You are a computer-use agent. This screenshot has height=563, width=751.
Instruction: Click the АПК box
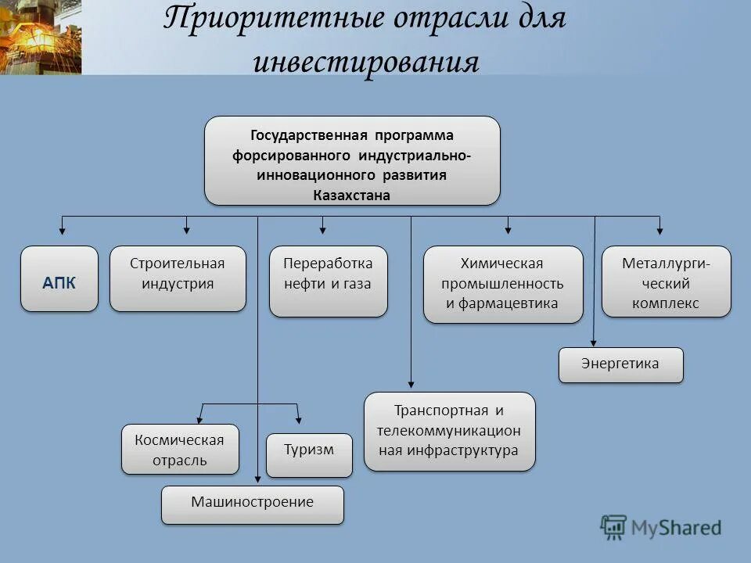(59, 279)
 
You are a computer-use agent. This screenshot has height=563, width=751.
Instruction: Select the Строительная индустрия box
(178, 279)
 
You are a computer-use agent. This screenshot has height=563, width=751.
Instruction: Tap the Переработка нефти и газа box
(328, 281)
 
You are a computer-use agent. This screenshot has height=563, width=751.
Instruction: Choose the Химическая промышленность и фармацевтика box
(503, 285)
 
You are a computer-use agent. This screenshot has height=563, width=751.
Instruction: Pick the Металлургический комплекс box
(666, 281)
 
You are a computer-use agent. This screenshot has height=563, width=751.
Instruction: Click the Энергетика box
(620, 364)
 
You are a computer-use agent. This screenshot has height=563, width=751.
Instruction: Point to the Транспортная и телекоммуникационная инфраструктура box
(449, 431)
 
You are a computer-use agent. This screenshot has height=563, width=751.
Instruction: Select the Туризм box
(309, 454)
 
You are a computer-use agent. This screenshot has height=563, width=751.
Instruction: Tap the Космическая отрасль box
(180, 450)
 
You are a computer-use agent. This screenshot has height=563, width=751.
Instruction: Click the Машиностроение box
(252, 504)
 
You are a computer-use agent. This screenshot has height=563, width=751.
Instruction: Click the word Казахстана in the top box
(351, 195)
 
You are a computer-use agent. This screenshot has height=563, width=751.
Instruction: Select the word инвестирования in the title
(366, 63)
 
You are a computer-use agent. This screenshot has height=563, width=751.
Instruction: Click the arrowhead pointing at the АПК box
(63, 231)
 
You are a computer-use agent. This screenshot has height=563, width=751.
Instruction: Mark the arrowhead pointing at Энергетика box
(594, 340)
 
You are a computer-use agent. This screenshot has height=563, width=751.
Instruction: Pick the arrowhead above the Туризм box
(298, 421)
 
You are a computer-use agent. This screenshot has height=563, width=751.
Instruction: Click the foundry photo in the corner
(40, 37)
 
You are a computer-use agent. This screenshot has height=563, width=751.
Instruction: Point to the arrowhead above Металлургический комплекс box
(659, 231)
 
